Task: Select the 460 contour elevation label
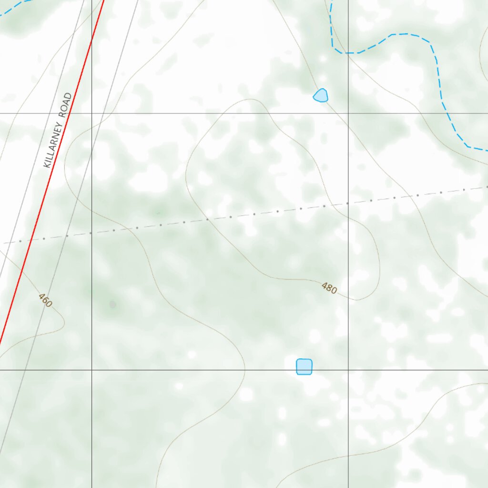pyautogui.click(x=45, y=301)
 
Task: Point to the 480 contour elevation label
pyautogui.click(x=329, y=288)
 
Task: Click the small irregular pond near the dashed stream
pyautogui.click(x=321, y=95)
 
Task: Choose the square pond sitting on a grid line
pyautogui.click(x=304, y=366)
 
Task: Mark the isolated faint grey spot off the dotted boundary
pyautogui.click(x=112, y=304)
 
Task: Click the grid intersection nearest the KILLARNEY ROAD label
pyautogui.click(x=91, y=113)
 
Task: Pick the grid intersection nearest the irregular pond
pyautogui.click(x=348, y=113)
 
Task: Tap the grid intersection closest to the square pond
pyautogui.click(x=348, y=369)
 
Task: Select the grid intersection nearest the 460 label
pyautogui.click(x=91, y=369)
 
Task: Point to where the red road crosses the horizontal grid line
pyautogui.click(x=70, y=113)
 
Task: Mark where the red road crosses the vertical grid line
pyautogui.click(x=91, y=41)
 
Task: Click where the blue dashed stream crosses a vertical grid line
pyautogui.click(x=348, y=52)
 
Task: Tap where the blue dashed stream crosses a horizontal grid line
pyautogui.click(x=446, y=113)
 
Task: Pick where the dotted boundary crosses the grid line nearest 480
pyautogui.click(x=348, y=203)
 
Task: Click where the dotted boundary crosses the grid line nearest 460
pyautogui.click(x=91, y=233)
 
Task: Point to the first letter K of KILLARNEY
pyautogui.click(x=47, y=163)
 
